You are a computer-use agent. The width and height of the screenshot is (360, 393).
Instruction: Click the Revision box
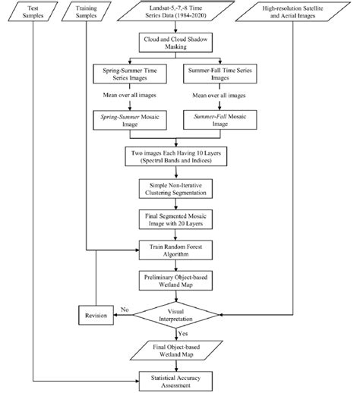click(94, 314)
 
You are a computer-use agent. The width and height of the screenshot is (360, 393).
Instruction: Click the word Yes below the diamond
click(182, 332)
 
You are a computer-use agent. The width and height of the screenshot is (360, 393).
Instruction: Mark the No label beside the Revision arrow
click(126, 309)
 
